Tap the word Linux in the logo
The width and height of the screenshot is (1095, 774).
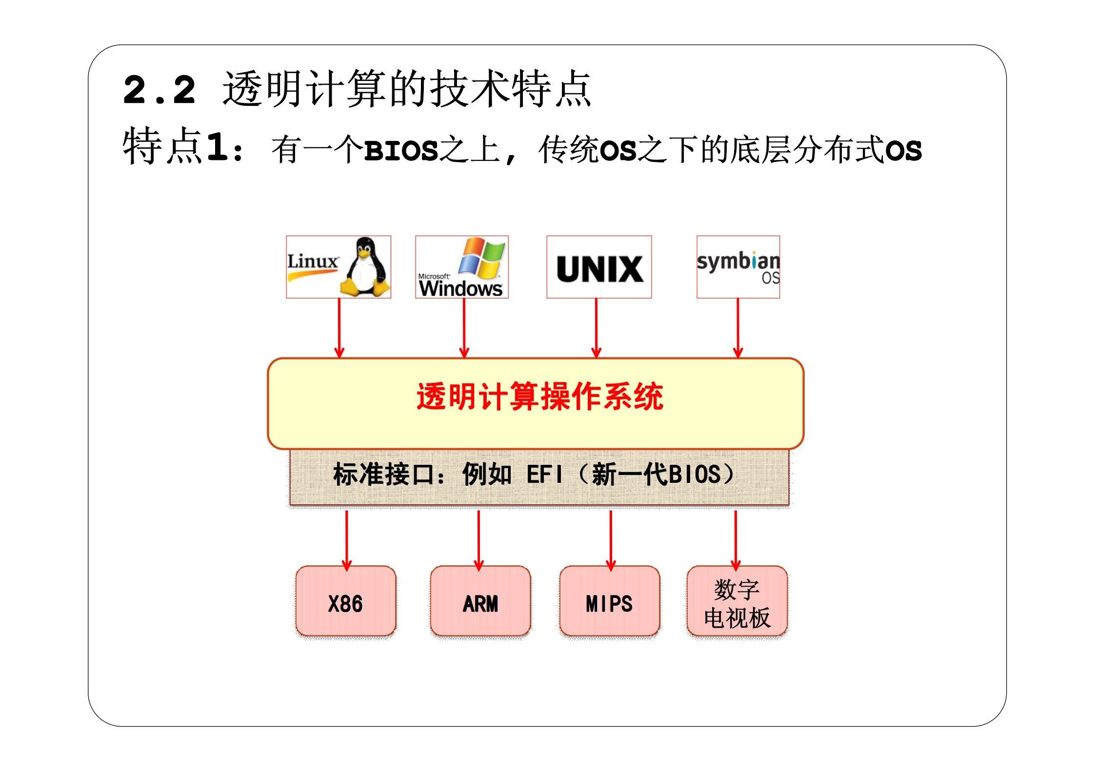(312, 261)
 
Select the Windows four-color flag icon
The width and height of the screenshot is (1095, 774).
(481, 258)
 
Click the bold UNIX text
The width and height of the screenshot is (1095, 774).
(599, 269)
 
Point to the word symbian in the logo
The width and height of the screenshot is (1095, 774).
(737, 261)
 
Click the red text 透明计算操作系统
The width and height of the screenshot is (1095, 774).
(539, 396)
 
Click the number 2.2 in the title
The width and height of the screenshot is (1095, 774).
(159, 90)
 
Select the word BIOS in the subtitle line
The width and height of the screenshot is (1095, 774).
(401, 150)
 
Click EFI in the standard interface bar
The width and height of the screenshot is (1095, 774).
(544, 474)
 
